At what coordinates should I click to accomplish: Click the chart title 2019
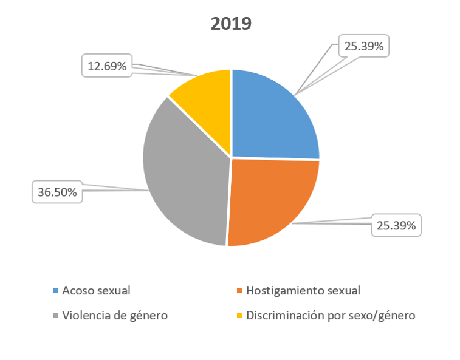coord(231,24)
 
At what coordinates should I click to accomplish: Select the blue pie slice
coord(270,118)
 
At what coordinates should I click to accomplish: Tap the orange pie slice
coord(270,197)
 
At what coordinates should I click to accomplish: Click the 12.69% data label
coord(107,66)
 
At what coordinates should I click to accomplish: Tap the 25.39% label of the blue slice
coord(363,46)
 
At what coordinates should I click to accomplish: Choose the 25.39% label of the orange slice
coord(396,226)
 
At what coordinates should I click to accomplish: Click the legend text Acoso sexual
coord(97,290)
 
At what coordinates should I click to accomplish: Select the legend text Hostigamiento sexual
coord(303,290)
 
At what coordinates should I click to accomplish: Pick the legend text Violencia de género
coord(114,316)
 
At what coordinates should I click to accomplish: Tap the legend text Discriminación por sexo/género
coord(330,316)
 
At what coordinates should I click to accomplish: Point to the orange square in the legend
coord(239,291)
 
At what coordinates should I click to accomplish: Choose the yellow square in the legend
coord(239,316)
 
